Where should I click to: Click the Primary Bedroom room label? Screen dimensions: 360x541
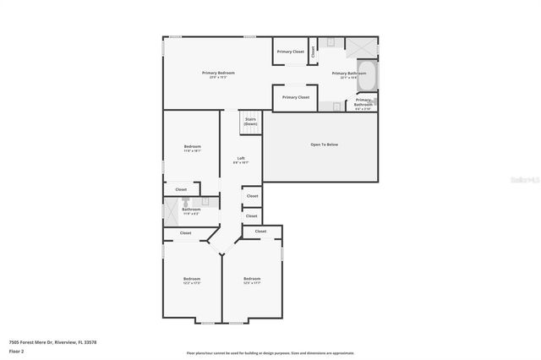[218, 74]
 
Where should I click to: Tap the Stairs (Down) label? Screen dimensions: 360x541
[251, 122]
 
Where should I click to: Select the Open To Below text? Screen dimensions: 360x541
[324, 145]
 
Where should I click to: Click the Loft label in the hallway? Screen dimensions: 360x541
[241, 159]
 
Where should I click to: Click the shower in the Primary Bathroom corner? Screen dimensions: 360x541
[364, 46]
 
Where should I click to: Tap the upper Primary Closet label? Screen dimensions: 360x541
[292, 52]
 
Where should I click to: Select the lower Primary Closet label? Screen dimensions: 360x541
[296, 97]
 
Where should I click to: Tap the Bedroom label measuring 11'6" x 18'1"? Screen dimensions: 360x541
[192, 148]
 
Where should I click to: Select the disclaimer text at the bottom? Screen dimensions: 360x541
[270, 352]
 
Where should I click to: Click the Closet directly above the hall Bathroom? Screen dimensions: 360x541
[181, 189]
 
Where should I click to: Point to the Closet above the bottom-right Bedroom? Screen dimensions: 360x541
[260, 231]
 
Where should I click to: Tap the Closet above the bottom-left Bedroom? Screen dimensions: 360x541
[185, 232]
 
